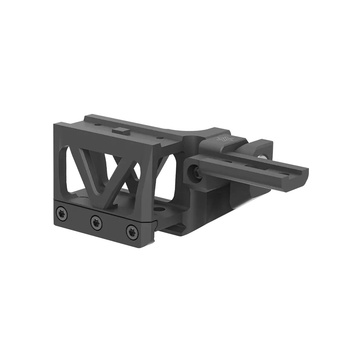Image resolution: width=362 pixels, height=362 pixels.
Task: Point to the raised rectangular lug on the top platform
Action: (x=121, y=130)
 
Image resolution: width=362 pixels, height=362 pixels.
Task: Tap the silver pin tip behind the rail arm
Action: (x=264, y=156)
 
